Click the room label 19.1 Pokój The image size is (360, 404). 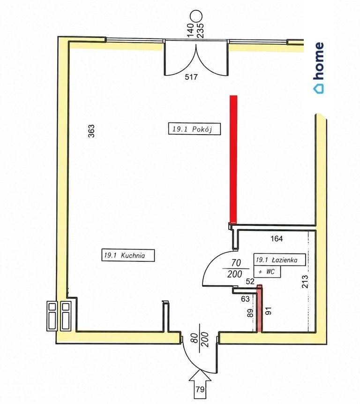[x=194, y=129]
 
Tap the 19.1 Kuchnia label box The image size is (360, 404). [x=128, y=255]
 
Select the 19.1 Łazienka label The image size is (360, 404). [x=280, y=260]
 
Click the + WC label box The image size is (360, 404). [x=267, y=272]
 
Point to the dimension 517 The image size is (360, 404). [x=191, y=77]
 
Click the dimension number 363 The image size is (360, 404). [x=91, y=131]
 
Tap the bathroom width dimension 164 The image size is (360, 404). [x=277, y=238]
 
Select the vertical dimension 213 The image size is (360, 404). [x=304, y=282]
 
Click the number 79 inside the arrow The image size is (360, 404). [x=200, y=389]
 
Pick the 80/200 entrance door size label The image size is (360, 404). [x=201, y=340]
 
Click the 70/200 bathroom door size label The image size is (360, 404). [x=235, y=268]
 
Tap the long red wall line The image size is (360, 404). [x=233, y=159]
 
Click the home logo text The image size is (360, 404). [x=319, y=61]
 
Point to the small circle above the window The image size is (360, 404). [x=196, y=16]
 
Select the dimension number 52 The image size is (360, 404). [x=250, y=282]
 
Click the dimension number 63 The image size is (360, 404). [x=245, y=299]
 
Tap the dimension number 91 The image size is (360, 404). [x=268, y=311]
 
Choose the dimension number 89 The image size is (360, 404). [x=250, y=313]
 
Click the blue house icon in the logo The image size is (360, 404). [x=319, y=89]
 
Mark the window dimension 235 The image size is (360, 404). [x=201, y=30]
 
